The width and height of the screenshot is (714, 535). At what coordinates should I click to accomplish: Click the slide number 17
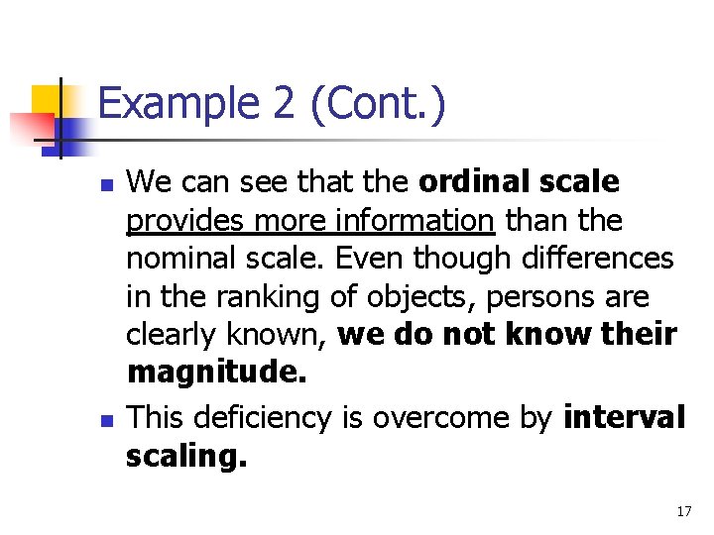(x=683, y=512)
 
